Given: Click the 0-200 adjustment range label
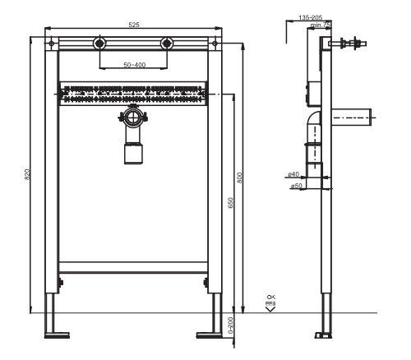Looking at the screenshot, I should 230,326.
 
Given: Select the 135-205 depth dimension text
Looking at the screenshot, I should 310,16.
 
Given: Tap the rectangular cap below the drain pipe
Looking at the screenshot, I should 133,152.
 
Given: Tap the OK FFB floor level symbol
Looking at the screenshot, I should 270,302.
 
